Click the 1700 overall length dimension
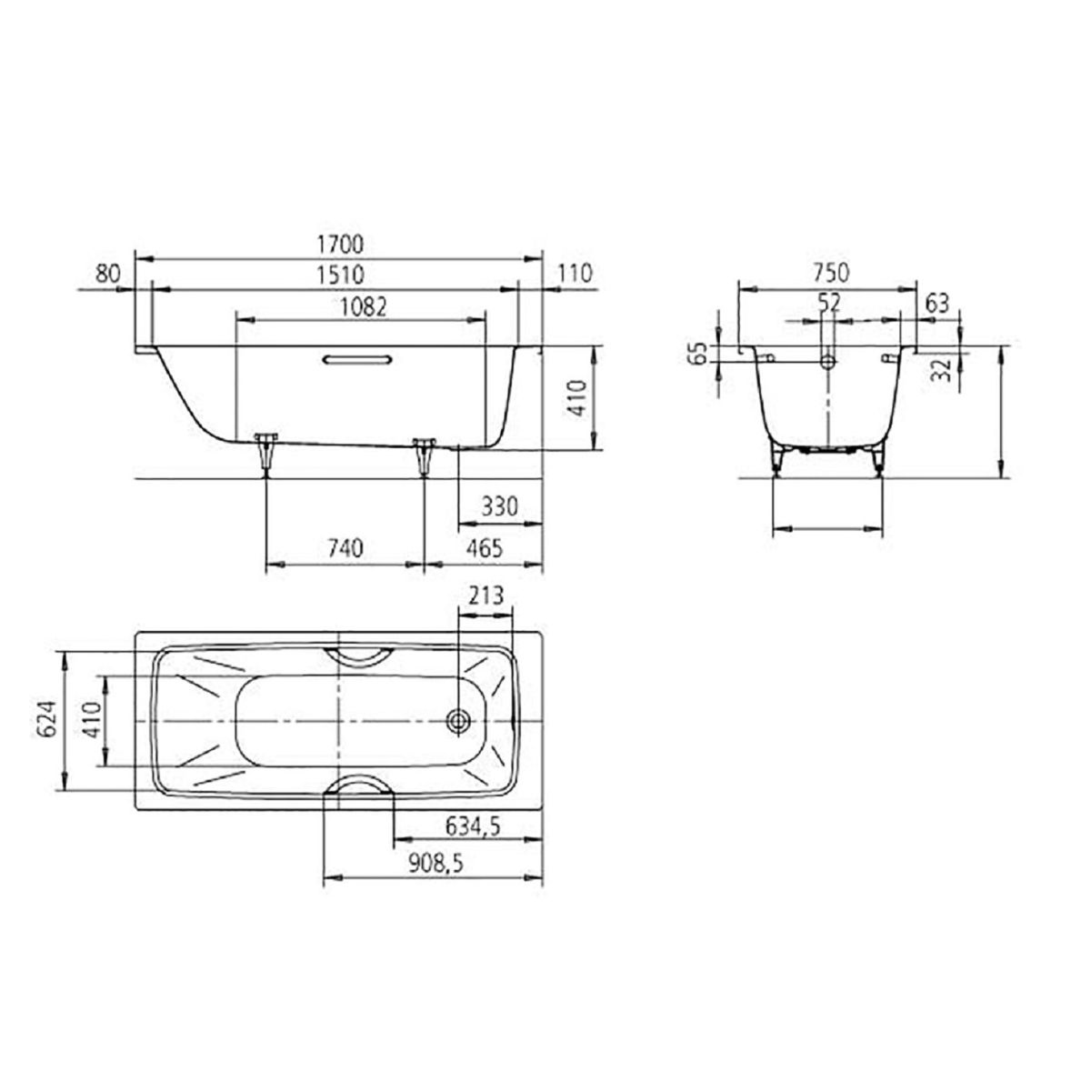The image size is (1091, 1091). click(340, 245)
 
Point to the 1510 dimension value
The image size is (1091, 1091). click(340, 275)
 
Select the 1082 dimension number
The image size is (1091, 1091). click(363, 307)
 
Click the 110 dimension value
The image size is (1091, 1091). click(574, 274)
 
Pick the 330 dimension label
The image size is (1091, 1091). click(499, 506)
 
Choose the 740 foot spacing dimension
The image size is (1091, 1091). click(345, 548)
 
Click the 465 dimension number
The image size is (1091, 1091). click(485, 548)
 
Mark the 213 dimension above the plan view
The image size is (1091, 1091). click(485, 596)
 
